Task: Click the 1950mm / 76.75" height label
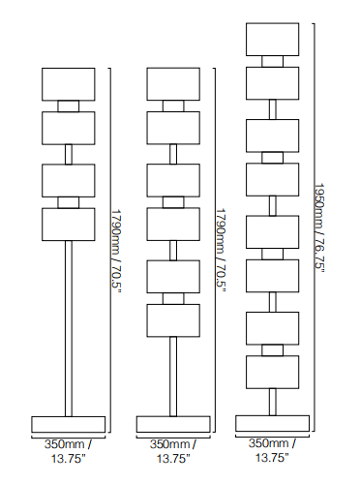319,227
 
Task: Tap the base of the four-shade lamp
69,424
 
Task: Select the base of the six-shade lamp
173,424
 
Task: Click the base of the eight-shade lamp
272,423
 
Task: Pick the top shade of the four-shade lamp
69,84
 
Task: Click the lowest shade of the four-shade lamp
69,225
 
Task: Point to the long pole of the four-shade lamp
69,328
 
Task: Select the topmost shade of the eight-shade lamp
272,40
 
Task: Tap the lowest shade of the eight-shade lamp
272,372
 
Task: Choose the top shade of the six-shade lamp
173,84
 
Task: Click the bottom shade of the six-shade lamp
173,320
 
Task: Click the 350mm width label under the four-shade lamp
65,444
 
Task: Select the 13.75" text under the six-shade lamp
173,458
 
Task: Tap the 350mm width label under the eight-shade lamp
268,443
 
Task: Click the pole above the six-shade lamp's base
173,377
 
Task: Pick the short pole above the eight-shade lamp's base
273,402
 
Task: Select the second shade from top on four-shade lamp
69,128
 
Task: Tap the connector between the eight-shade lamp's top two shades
272,61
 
